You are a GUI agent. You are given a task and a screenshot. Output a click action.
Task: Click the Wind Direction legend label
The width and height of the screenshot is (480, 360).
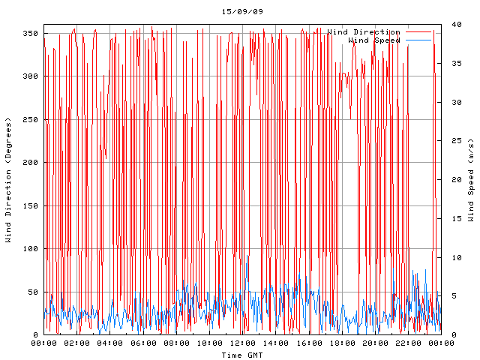(x=364, y=32)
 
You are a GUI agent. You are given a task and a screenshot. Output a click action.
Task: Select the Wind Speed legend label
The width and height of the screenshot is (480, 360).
(x=374, y=40)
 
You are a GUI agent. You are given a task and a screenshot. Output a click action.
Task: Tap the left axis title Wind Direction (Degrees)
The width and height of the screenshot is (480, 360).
(x=8, y=180)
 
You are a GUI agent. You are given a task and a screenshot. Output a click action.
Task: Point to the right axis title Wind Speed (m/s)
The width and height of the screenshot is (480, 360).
(x=471, y=180)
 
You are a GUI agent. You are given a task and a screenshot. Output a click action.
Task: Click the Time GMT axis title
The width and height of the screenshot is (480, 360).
(x=241, y=354)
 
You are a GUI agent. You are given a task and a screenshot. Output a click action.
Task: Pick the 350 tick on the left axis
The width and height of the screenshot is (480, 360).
(x=30, y=33)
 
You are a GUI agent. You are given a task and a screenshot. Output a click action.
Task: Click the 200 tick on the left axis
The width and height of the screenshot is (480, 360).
(x=30, y=163)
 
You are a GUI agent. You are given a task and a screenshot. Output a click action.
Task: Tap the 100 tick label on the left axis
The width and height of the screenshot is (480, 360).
(x=30, y=249)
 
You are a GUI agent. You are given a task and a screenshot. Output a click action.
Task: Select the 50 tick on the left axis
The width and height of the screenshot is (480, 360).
(x=32, y=292)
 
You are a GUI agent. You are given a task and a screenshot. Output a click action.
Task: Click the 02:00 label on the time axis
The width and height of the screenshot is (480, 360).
(x=77, y=343)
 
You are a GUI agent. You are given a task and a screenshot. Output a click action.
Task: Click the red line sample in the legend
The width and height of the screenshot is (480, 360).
(x=419, y=32)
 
